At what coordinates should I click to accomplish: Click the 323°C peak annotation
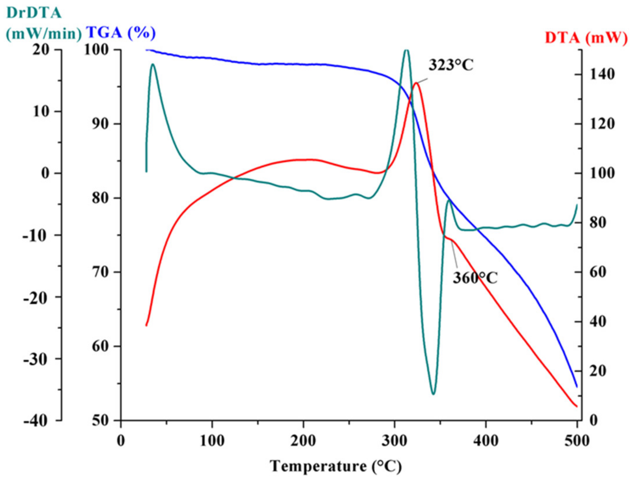point(451,65)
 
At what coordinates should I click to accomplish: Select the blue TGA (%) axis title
point(121,32)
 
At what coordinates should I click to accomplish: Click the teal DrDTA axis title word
point(34,13)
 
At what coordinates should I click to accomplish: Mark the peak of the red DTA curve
point(416,83)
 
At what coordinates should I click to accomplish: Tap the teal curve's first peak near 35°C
point(152,64)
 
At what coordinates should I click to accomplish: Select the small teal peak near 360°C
point(449,200)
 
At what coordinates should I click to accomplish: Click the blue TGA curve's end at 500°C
point(577,387)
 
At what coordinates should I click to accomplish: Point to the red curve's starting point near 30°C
point(146,325)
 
